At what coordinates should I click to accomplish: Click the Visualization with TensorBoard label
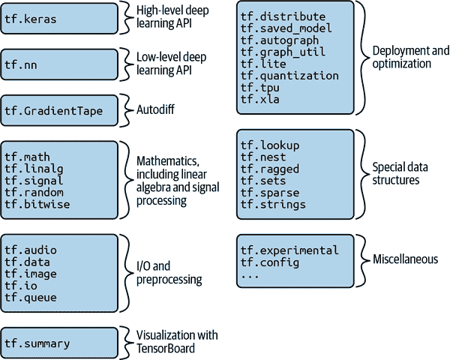point(177,341)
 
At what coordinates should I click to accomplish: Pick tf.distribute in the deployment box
point(283,16)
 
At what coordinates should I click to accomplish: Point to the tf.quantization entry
point(289,75)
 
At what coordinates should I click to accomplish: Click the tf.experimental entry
point(289,250)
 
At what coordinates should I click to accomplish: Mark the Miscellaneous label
point(405,259)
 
